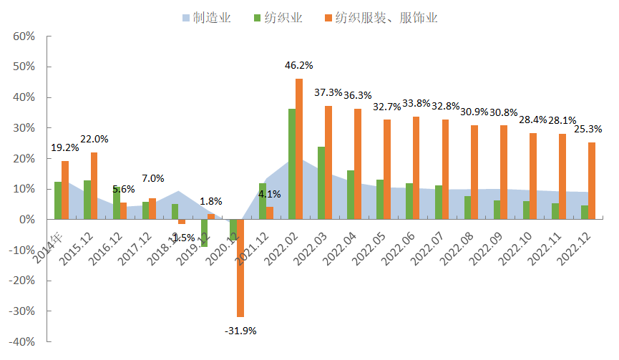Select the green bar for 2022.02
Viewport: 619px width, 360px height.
click(x=292, y=164)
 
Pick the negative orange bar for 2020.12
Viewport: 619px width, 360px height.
click(x=240, y=268)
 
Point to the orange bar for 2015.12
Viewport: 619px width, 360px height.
click(x=94, y=185)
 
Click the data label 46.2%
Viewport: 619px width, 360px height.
click(x=299, y=65)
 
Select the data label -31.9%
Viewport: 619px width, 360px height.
click(x=240, y=331)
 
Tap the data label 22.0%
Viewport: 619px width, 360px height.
click(x=94, y=139)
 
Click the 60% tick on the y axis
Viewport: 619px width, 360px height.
click(x=24, y=37)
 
